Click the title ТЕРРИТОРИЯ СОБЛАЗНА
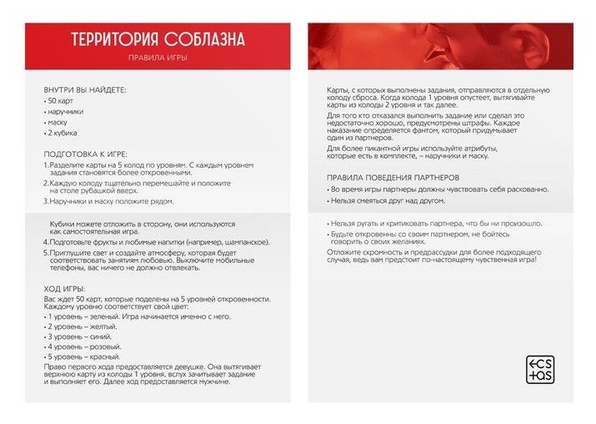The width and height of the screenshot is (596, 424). pos(158,40)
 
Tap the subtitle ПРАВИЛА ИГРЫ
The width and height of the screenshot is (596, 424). pos(158,59)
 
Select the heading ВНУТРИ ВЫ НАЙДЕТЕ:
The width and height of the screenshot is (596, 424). pos(86,88)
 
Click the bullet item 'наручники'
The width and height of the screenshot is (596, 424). pos(66,111)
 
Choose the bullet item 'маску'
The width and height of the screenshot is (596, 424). pos(58,122)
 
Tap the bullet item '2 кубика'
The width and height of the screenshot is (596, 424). pos(63,133)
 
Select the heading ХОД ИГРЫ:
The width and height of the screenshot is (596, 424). pos(64,289)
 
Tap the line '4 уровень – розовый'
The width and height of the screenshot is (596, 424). pos(86,347)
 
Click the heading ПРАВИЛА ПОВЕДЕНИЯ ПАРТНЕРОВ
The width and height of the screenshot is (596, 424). pos(393,178)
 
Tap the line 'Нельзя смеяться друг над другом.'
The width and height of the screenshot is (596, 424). pos(388,201)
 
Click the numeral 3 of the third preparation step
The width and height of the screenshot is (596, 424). pos(46,201)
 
